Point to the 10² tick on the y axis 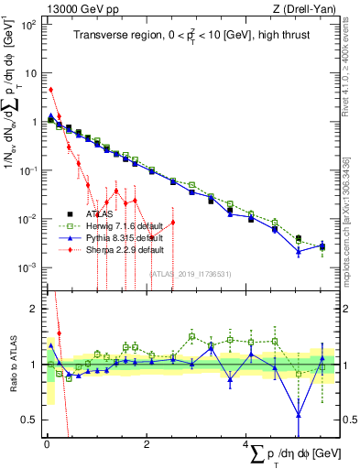point(31,24)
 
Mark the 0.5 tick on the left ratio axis point(30,420)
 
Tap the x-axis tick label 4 point(246,443)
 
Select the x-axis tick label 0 point(47,443)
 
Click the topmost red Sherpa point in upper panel point(51,90)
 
